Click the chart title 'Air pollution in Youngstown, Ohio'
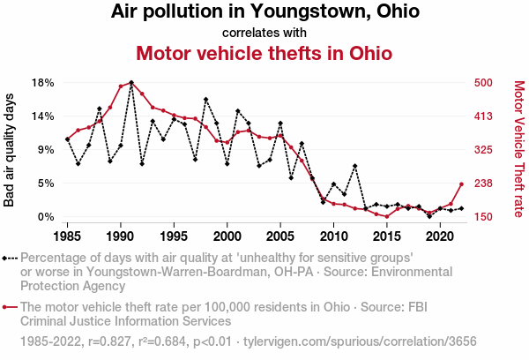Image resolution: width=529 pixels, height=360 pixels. point(264,12)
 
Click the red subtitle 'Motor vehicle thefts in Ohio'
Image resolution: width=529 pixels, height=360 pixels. point(264,54)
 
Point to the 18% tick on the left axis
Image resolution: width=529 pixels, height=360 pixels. point(43,83)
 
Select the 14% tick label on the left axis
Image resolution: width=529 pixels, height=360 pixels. point(43,116)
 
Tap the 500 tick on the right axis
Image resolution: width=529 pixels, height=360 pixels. point(482,83)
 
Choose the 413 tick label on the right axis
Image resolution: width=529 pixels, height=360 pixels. point(482,116)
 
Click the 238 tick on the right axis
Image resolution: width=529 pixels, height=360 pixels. point(482,184)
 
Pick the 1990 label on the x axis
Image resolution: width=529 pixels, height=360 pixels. point(121,237)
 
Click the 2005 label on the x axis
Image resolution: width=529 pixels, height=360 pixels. point(280,237)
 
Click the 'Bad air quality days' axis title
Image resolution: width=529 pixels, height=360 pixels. point(11,150)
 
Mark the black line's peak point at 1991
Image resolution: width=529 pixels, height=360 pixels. point(131,83)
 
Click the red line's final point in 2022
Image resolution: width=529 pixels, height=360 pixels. point(461,184)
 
